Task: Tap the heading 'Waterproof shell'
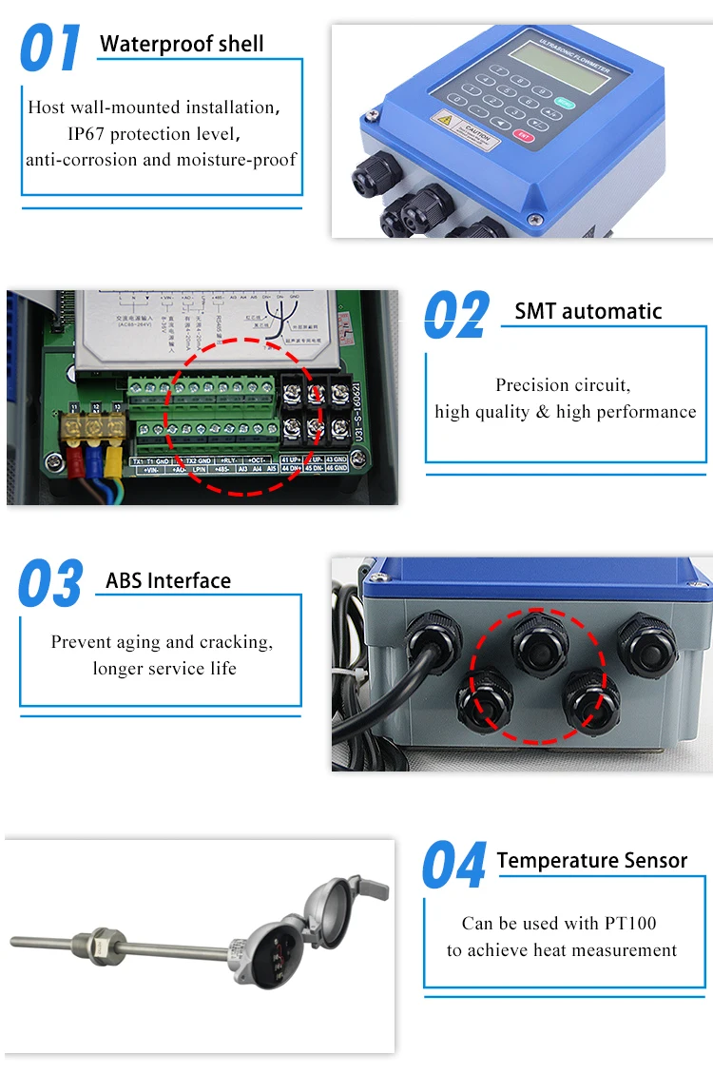click(182, 44)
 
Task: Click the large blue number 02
click(456, 316)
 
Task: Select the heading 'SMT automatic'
click(588, 311)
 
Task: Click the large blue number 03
click(50, 585)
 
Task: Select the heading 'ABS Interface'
click(168, 580)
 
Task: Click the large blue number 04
click(454, 866)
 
